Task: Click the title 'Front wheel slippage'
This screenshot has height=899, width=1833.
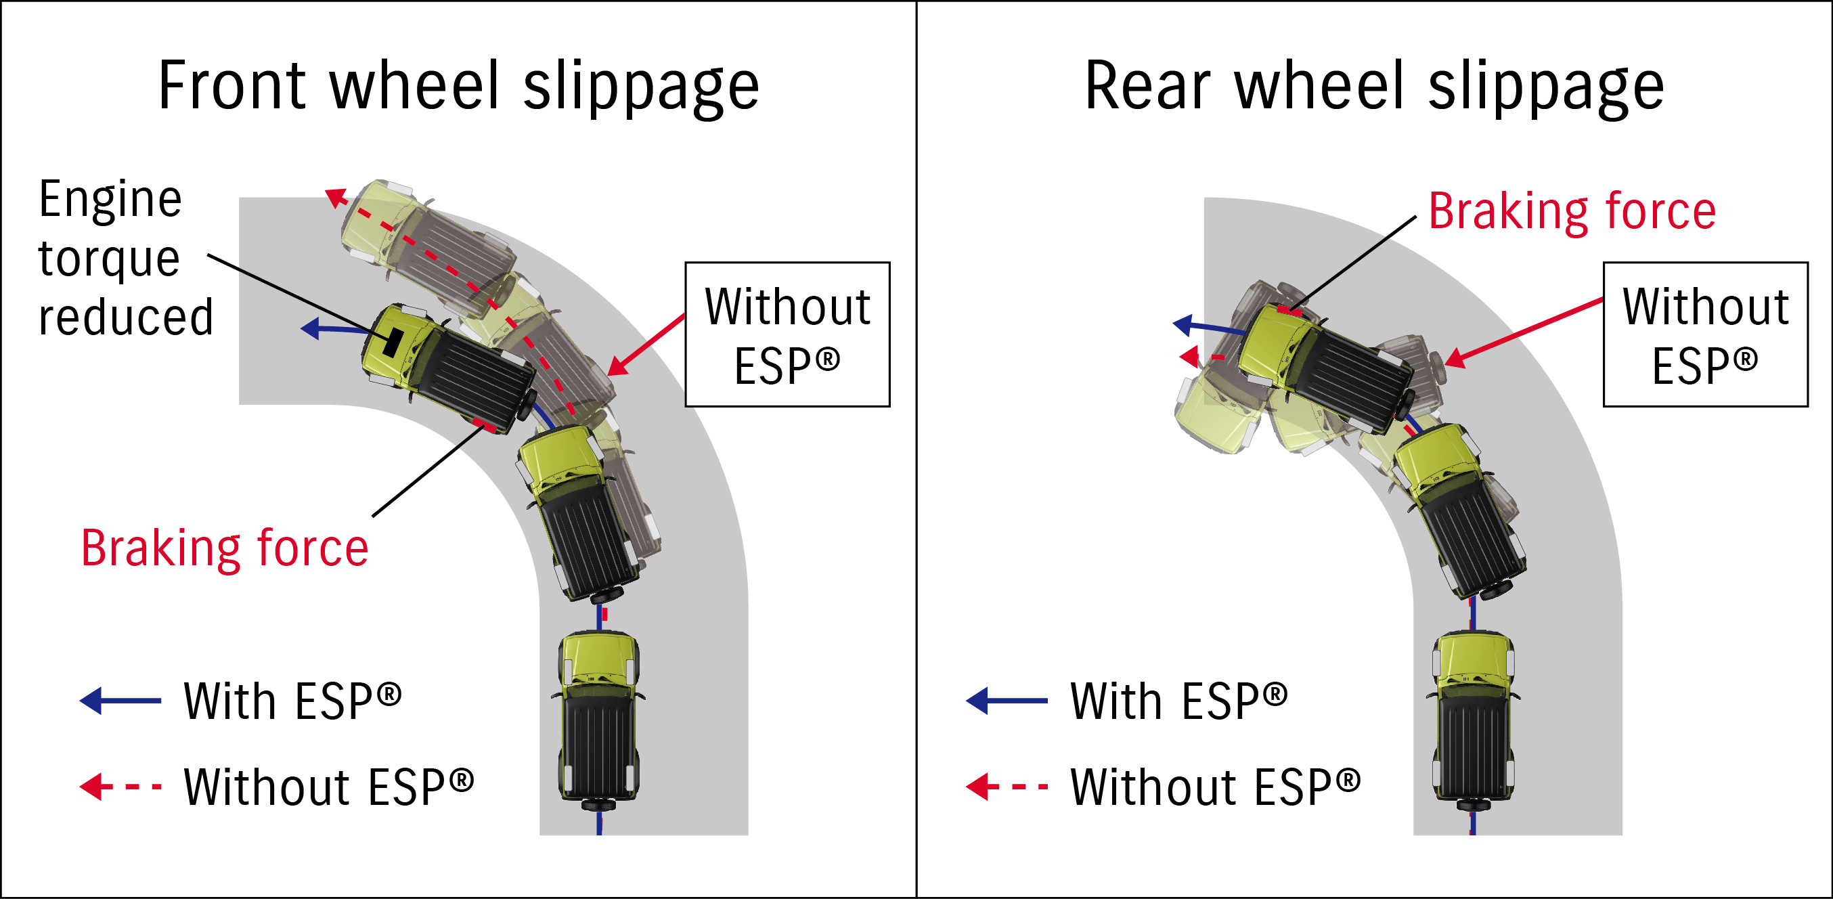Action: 459,87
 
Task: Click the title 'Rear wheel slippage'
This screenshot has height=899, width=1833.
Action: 1374,87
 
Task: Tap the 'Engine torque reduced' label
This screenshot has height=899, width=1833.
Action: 125,258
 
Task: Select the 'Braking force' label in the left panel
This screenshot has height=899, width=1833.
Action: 225,548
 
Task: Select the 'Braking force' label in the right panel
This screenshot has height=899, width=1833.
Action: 1572,211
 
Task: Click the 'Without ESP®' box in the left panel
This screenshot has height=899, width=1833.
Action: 787,334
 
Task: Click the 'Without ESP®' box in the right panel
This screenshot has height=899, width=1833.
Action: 1705,334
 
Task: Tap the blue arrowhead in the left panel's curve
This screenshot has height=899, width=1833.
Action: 310,328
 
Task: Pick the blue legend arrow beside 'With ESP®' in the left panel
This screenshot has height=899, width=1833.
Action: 120,701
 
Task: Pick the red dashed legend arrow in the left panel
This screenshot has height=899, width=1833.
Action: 120,787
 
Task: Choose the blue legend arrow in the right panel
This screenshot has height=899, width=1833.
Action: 1006,701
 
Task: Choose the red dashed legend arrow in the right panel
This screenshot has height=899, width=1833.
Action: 1006,787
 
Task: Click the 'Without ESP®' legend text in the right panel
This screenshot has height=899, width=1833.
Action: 1216,787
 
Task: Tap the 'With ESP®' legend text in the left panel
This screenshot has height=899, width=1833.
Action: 292,701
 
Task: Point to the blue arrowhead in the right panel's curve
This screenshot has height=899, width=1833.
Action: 1183,326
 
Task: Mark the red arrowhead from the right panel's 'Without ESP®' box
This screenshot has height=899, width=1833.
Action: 1455,358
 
